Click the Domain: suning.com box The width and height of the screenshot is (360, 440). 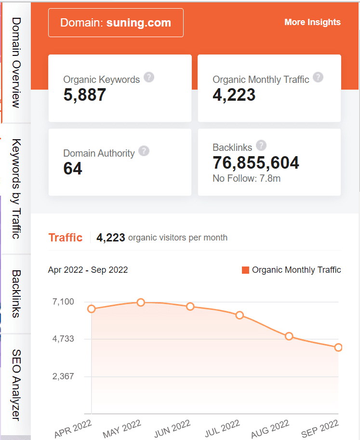(x=116, y=23)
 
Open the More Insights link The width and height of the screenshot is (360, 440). (x=312, y=22)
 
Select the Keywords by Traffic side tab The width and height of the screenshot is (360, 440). (x=16, y=188)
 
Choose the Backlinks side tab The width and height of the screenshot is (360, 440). (x=16, y=293)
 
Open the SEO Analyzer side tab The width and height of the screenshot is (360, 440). (x=16, y=385)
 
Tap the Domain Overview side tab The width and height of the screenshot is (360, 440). (x=16, y=63)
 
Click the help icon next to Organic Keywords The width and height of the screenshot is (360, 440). (x=149, y=77)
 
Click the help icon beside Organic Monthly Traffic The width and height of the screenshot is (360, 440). (x=318, y=77)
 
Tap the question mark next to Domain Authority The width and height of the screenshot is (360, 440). (x=144, y=151)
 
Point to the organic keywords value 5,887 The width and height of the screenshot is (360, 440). (x=84, y=95)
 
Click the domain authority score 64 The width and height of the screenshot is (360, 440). (x=73, y=169)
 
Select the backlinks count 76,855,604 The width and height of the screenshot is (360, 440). (x=256, y=163)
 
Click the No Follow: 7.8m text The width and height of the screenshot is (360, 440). (x=246, y=179)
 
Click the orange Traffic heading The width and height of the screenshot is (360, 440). (x=66, y=238)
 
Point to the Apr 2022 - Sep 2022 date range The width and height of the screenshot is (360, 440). (x=88, y=270)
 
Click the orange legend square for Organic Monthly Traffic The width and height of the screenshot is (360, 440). (x=245, y=270)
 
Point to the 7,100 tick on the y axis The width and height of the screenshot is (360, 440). (x=63, y=302)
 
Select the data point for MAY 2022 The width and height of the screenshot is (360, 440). (x=141, y=302)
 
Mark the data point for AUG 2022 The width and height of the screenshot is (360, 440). (x=289, y=336)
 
